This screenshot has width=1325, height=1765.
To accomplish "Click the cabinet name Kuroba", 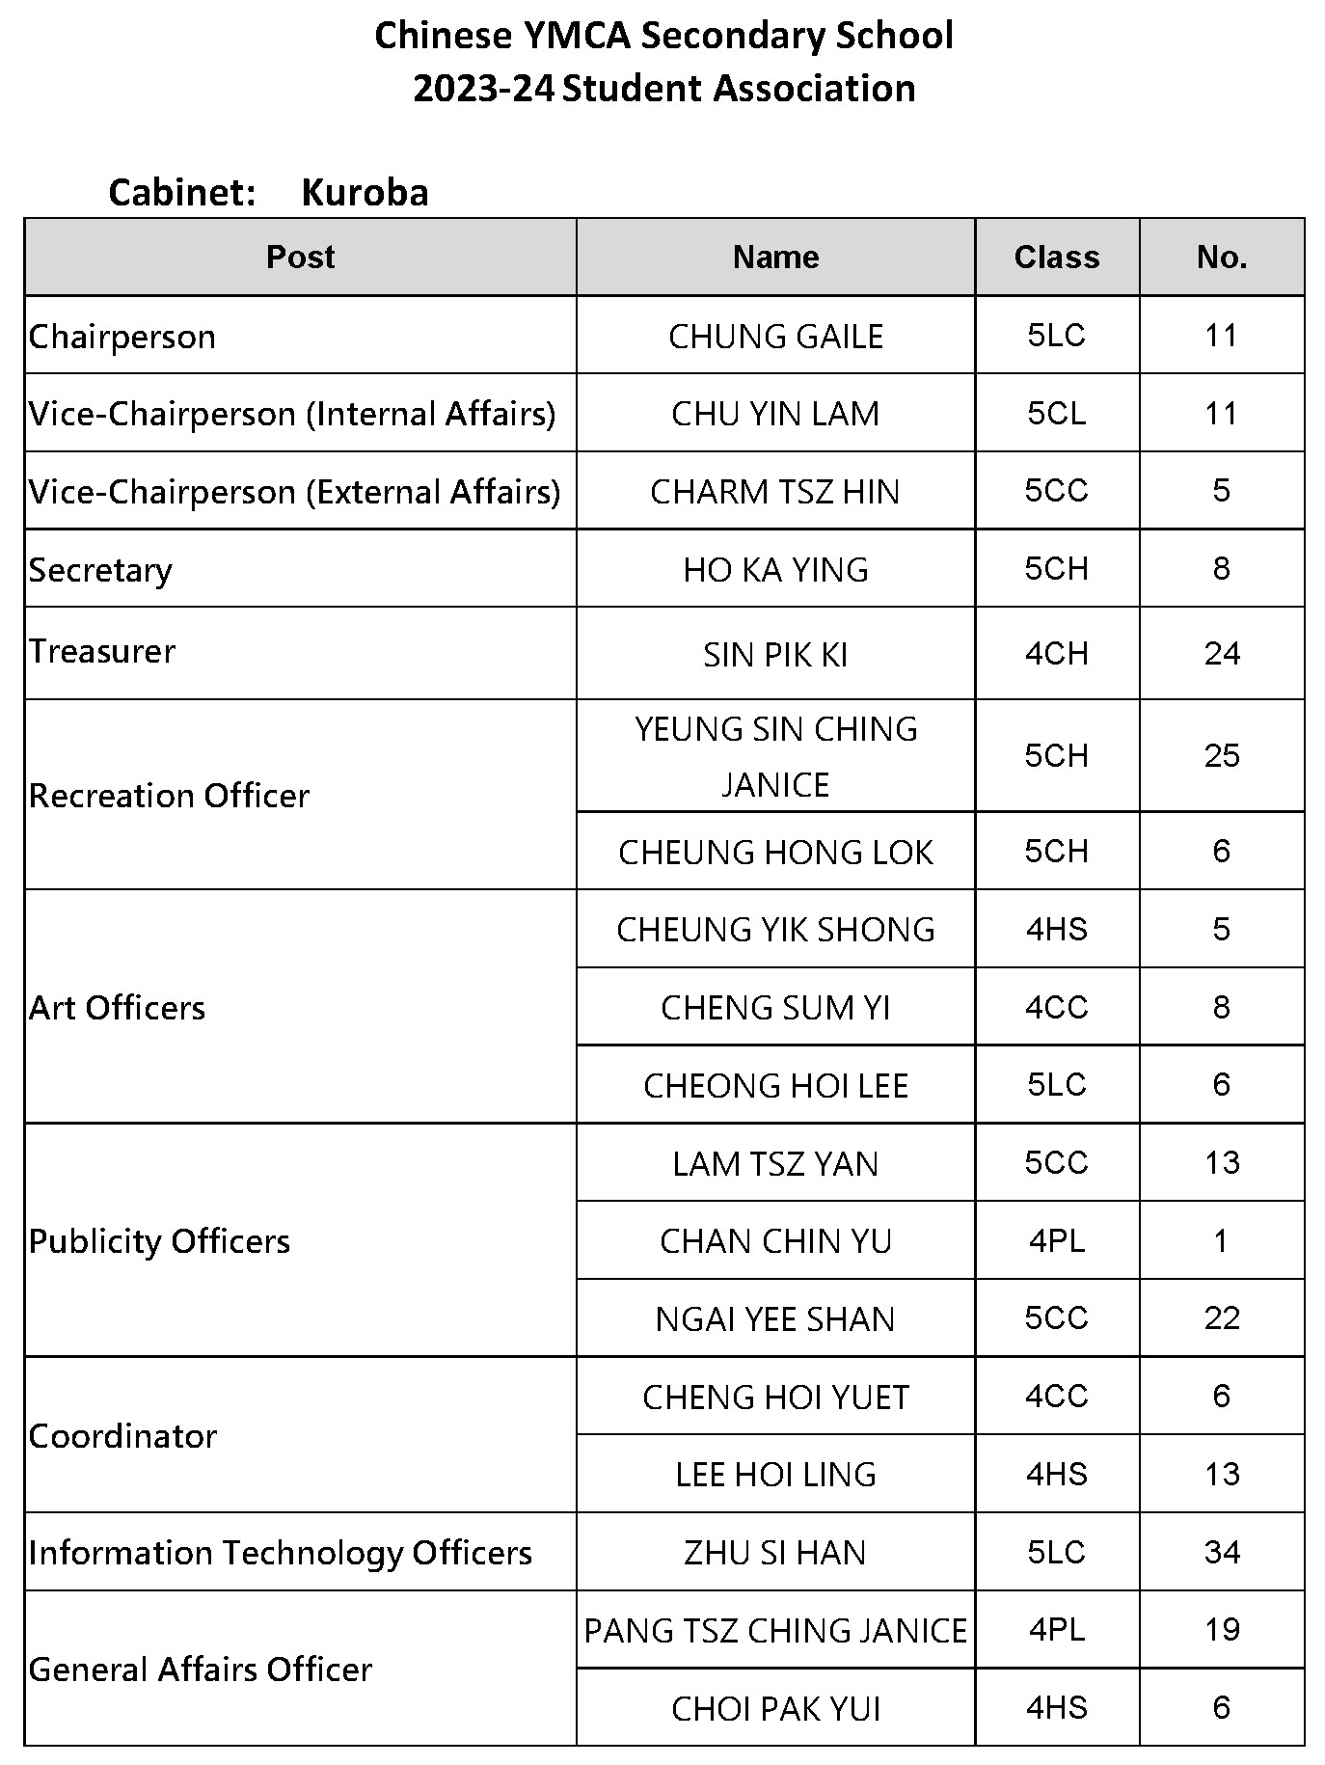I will point(365,193).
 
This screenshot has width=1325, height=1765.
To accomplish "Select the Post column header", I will point(300,257).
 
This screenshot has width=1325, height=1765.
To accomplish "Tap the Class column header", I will point(1056,257).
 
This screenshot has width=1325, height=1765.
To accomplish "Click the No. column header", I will point(1221,257).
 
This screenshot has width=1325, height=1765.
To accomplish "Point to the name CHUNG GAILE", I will point(775,337).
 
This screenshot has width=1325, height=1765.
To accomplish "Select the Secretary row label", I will point(100,570).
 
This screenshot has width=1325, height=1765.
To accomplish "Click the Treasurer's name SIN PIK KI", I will point(775,655).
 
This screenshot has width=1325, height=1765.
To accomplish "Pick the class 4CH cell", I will point(1056,654).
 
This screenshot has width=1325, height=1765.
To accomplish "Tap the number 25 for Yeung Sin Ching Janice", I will point(1221,755).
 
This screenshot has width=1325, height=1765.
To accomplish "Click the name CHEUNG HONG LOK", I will point(775,853).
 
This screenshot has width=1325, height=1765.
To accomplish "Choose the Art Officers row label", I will point(117,1008).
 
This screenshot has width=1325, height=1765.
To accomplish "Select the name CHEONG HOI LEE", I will point(775,1086).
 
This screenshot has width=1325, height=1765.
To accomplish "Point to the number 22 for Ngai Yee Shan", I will point(1221,1318).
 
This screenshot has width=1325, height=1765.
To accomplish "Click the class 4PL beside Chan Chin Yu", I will point(1056,1240).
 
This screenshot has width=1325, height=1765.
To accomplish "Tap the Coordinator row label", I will point(122,1436).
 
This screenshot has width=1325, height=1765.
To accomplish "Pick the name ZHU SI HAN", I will point(775,1553).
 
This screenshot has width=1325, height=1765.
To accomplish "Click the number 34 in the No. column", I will point(1221,1552).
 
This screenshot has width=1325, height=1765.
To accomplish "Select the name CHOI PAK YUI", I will point(775,1709).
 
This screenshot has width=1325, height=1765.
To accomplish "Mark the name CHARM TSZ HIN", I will point(775,492).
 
